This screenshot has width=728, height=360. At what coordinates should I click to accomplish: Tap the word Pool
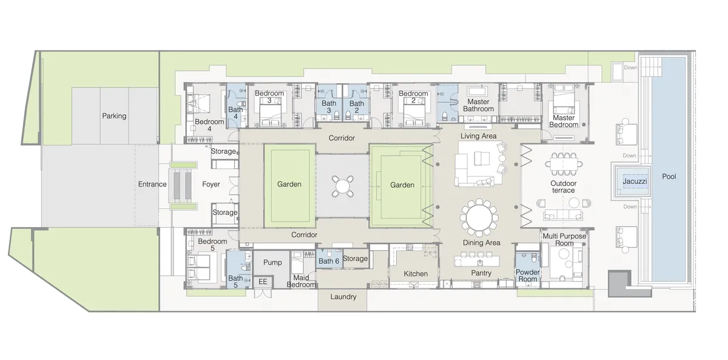pos(669,177)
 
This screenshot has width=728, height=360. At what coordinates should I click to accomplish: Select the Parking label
pos(114,115)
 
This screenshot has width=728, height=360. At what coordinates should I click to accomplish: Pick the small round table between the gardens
pos(343,186)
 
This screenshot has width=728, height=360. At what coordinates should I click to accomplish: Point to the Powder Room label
pos(528,276)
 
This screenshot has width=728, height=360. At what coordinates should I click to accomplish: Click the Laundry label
pos(343,297)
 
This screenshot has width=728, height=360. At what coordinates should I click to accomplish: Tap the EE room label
pos(263,282)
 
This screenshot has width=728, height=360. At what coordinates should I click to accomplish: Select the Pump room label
pos(272,262)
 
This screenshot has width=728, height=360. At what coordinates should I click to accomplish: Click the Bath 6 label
pos(329,261)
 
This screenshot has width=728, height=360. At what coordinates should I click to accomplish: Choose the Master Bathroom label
pos(479,106)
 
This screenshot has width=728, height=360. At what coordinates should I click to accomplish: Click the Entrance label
pos(152,184)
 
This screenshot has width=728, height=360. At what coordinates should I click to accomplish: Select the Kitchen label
pos(416,274)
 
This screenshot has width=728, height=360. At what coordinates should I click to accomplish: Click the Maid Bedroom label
pos(301,280)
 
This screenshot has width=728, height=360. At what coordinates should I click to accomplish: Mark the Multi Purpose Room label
pos(558,239)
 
